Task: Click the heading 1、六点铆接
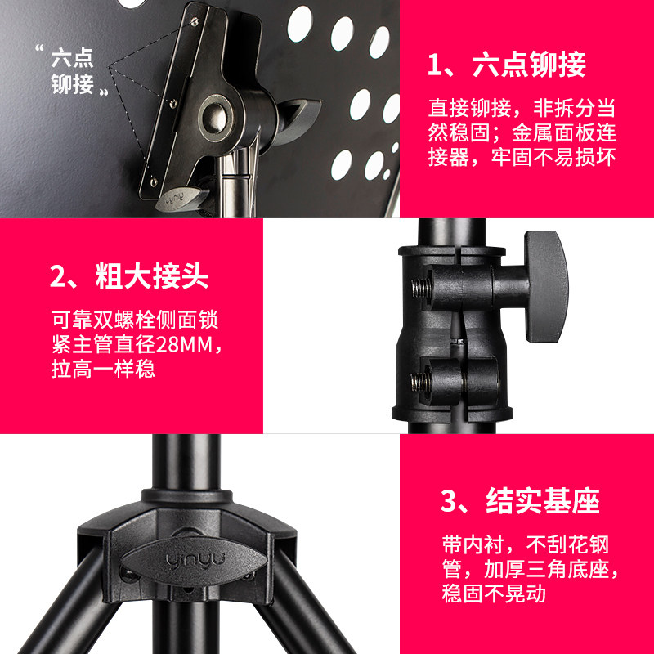(x=507, y=65)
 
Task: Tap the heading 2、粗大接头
(x=129, y=277)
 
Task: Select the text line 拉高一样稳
(x=103, y=369)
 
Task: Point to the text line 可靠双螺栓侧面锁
(x=134, y=319)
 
